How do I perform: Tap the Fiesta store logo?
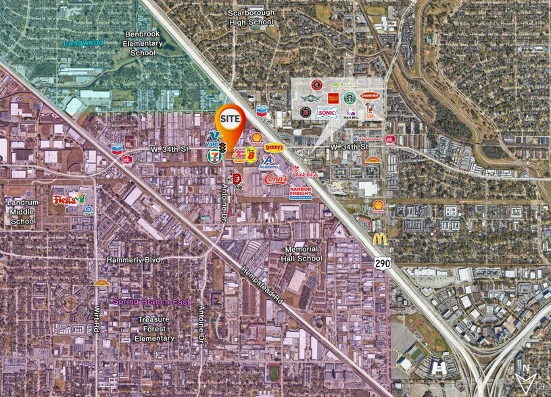[70, 199]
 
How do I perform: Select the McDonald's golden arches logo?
[380, 238]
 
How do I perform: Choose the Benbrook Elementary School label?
[143, 43]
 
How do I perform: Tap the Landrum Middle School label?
[24, 211]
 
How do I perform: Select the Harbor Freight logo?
[300, 192]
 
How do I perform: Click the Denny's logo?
[274, 147]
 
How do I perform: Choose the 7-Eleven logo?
[214, 155]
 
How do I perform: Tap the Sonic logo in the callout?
[327, 113]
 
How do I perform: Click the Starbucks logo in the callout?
[350, 98]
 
